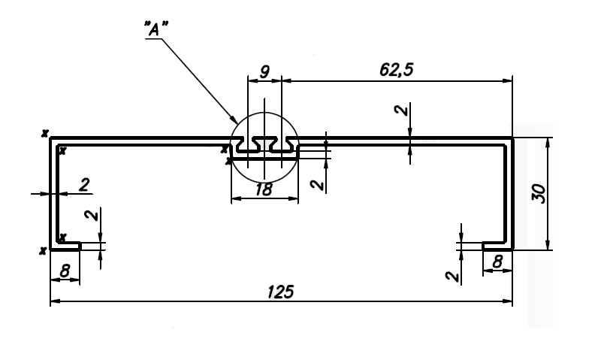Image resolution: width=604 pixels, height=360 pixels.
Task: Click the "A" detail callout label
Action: click(x=156, y=30)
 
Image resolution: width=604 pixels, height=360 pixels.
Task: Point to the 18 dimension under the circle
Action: click(x=264, y=190)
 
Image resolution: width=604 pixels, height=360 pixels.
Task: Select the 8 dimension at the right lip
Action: click(x=497, y=261)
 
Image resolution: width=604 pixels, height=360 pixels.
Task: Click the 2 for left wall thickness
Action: click(x=83, y=183)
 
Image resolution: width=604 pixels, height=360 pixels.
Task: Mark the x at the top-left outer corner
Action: click(x=45, y=133)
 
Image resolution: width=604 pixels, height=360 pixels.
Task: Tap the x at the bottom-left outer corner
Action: click(x=44, y=250)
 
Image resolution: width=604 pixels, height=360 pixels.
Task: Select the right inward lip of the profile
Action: click(x=497, y=244)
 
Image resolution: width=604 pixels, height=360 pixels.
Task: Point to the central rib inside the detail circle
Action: click(x=264, y=142)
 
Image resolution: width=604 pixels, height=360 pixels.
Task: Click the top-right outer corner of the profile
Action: click(x=512, y=138)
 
